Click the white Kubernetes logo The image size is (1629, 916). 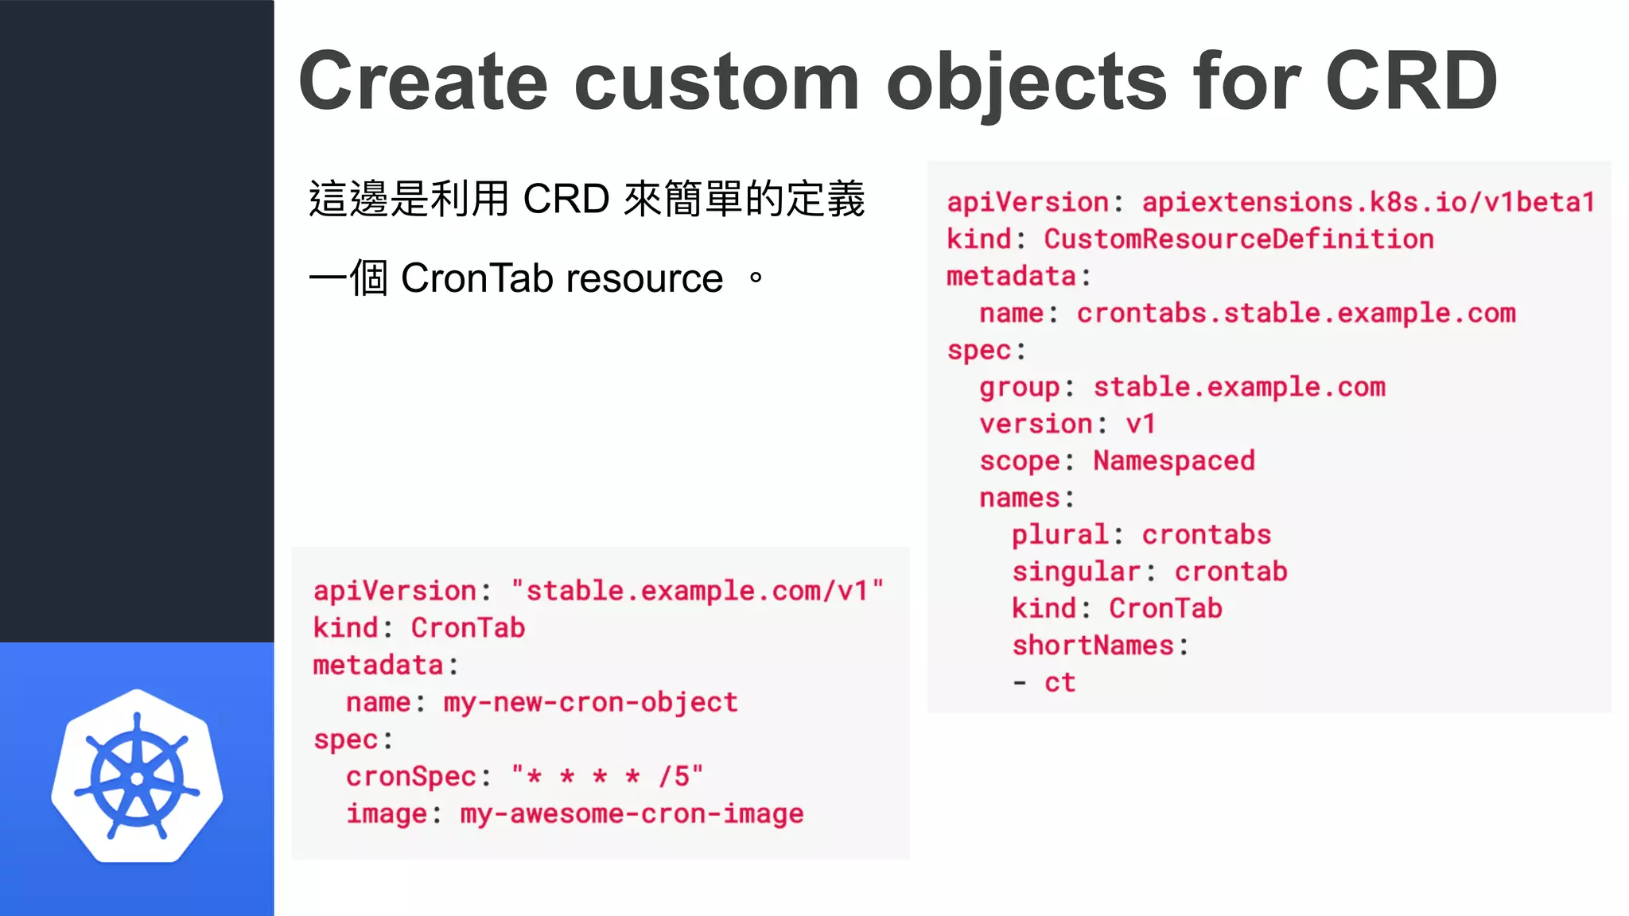point(137,777)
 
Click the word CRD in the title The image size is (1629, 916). point(1411,81)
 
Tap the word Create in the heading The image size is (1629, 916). point(423,81)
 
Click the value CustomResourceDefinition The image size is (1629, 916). point(1238,239)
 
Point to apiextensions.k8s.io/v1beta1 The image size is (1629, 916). point(1368,203)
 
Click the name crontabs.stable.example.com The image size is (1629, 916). point(1296,313)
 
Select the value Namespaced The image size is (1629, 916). point(1173,461)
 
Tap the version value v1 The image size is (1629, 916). point(1141,424)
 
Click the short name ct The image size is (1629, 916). point(1059,682)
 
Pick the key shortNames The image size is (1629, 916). point(1093,646)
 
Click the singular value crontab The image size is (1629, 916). point(1230,572)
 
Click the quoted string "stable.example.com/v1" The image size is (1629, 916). point(697,591)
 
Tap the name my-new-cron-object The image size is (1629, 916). point(590,702)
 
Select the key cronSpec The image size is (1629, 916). point(410,776)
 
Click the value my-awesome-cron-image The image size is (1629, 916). point(632,813)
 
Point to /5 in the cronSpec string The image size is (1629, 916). point(675,776)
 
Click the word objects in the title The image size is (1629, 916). point(1027,81)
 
